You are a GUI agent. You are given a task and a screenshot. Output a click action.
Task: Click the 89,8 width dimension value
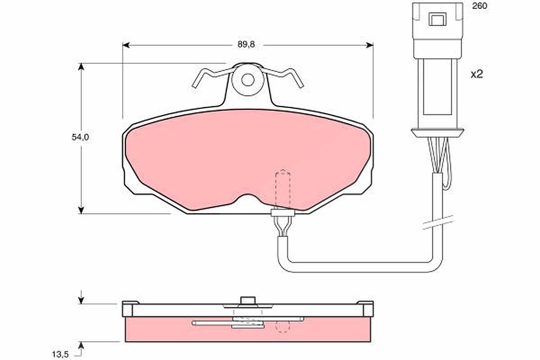(x=246, y=45)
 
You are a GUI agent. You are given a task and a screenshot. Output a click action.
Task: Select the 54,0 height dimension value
(x=80, y=137)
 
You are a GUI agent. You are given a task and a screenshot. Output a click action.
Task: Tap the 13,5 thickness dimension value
(x=60, y=355)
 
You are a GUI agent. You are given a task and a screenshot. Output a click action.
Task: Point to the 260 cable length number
(x=480, y=6)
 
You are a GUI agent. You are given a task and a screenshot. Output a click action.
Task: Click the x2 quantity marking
(x=477, y=74)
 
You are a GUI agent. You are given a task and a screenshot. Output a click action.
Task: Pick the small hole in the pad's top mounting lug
(x=247, y=80)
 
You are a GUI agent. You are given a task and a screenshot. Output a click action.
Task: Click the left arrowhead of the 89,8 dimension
(x=126, y=45)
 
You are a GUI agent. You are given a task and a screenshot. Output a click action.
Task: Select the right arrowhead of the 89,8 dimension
(x=370, y=45)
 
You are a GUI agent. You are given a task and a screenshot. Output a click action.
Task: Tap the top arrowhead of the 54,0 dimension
(x=81, y=67)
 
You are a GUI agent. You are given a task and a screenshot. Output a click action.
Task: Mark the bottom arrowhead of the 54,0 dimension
(x=81, y=210)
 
